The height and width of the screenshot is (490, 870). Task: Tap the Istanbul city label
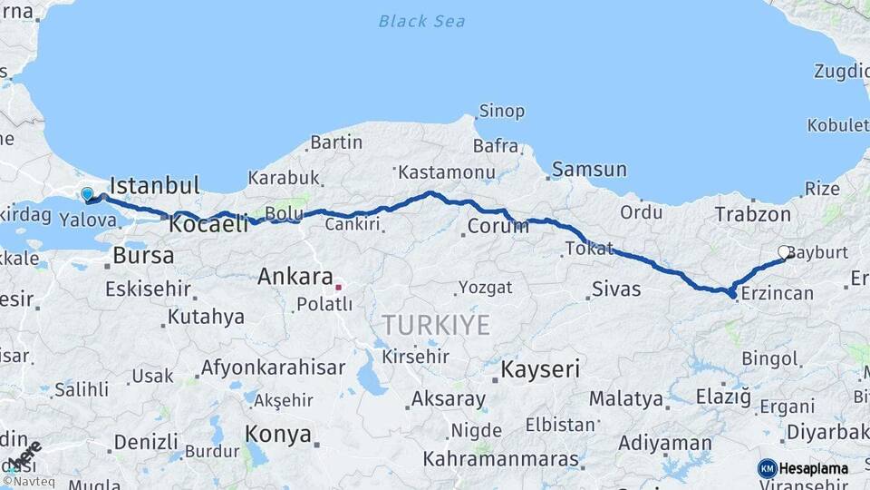click(x=154, y=186)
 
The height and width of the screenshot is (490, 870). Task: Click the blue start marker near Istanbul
click(x=87, y=193)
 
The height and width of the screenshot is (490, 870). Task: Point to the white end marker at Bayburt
click(x=784, y=252)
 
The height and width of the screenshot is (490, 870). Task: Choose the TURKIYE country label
click(x=436, y=324)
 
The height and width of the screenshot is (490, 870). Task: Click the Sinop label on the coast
click(x=502, y=112)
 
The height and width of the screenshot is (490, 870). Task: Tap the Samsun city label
click(x=589, y=169)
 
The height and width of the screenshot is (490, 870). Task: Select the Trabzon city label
click(x=753, y=214)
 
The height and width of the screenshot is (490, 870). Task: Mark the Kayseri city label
click(x=542, y=369)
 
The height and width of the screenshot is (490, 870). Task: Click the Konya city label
click(x=278, y=434)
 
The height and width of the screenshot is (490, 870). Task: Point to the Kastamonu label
click(x=447, y=171)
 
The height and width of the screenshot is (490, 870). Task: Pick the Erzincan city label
click(x=777, y=293)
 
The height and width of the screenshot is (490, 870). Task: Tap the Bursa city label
click(x=143, y=256)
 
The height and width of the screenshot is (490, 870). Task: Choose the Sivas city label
click(x=616, y=289)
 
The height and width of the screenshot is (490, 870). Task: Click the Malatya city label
click(x=626, y=398)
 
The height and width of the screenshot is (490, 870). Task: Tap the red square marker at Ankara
click(x=338, y=287)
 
